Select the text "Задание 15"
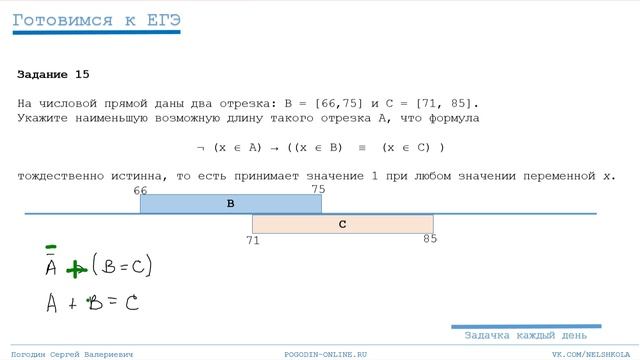point(53,74)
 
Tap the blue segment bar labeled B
point(230,203)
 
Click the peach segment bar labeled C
point(342,224)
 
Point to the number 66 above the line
point(140,190)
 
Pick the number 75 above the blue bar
point(318,189)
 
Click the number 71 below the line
point(253,240)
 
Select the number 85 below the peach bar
point(430,239)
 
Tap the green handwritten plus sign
point(75,269)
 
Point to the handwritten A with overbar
point(51,265)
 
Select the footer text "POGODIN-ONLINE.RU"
point(326,355)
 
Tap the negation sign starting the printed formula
point(201,147)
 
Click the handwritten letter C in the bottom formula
point(130,302)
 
